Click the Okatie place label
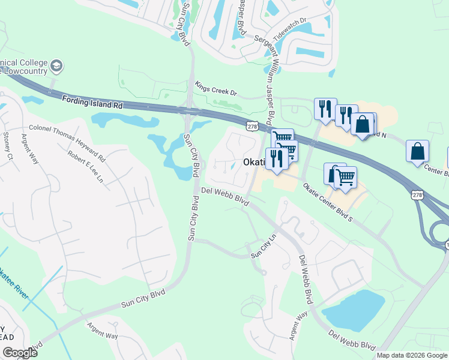[x=257, y=163]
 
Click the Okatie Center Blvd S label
[x=327, y=203]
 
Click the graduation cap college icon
[x=56, y=65]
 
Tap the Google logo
[x=20, y=353]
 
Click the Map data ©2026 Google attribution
[x=412, y=355]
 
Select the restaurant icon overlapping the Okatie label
[x=277, y=159]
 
